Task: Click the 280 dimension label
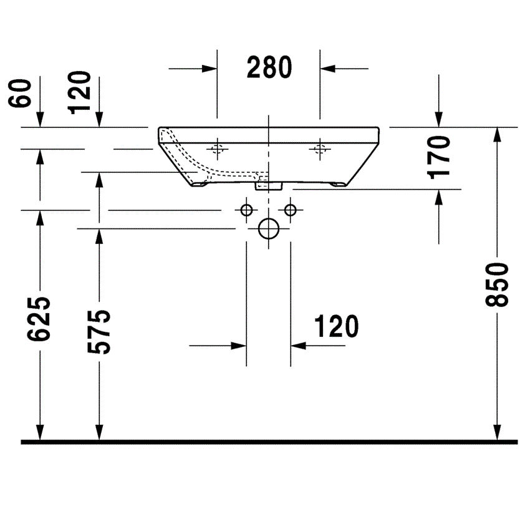tap(269, 67)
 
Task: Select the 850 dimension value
tap(497, 285)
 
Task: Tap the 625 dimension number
tap(39, 319)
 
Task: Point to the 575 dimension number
tap(99, 332)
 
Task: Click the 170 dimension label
tap(438, 157)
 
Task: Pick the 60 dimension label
tap(20, 94)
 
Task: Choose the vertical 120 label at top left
tap(79, 92)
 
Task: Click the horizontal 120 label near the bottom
tap(336, 326)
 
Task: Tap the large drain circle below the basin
tap(269, 228)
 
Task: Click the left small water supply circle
tap(246, 210)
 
